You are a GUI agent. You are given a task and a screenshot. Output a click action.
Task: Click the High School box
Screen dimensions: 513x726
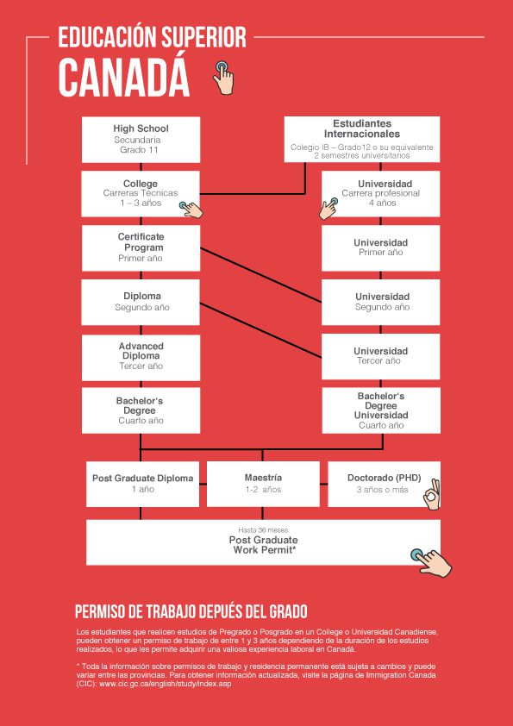pyautogui.click(x=141, y=140)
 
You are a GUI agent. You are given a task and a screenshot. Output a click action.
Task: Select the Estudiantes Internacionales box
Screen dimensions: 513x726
pyautogui.click(x=361, y=140)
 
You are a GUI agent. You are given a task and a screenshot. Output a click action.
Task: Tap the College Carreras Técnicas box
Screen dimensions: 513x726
pyautogui.click(x=141, y=193)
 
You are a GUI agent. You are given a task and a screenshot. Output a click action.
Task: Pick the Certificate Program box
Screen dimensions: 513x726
pyautogui.click(x=141, y=247)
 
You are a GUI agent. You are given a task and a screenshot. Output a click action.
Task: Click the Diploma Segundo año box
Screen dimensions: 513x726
pyautogui.click(x=141, y=302)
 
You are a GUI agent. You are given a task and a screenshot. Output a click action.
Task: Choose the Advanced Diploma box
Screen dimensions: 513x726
pyautogui.click(x=141, y=357)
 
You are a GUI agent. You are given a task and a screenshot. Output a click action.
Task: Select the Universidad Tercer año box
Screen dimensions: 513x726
pyautogui.click(x=380, y=356)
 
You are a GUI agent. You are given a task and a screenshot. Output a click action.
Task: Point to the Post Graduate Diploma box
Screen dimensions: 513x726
pyautogui.click(x=142, y=484)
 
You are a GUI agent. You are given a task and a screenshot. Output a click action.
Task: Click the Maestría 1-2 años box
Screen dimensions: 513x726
pyautogui.click(x=263, y=484)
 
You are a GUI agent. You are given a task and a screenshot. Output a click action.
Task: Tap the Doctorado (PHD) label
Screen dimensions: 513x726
pyautogui.click(x=384, y=478)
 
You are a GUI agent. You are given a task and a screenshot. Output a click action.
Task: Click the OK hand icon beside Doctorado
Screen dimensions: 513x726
pyautogui.click(x=433, y=495)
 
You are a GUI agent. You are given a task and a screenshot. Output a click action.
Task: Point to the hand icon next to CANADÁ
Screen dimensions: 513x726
pyautogui.click(x=223, y=77)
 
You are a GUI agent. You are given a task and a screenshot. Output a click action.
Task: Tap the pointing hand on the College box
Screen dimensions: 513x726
pyautogui.click(x=191, y=210)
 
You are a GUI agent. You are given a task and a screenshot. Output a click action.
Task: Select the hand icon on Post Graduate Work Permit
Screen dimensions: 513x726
pyautogui.click(x=430, y=563)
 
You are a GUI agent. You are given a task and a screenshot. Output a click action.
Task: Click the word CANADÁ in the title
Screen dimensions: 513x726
pyautogui.click(x=123, y=78)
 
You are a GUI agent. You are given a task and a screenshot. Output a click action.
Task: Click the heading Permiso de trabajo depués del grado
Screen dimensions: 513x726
pyautogui.click(x=191, y=611)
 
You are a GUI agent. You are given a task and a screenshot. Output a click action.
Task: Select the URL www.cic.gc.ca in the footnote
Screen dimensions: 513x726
pyautogui.click(x=166, y=684)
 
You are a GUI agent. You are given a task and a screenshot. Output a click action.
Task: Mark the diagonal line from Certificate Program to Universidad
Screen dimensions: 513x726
pyautogui.click(x=260, y=275)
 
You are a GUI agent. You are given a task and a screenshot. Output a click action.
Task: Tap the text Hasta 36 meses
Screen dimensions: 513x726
pyautogui.click(x=263, y=529)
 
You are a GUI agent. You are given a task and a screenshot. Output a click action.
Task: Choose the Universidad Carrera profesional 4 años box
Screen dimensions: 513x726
pyautogui.click(x=380, y=193)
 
